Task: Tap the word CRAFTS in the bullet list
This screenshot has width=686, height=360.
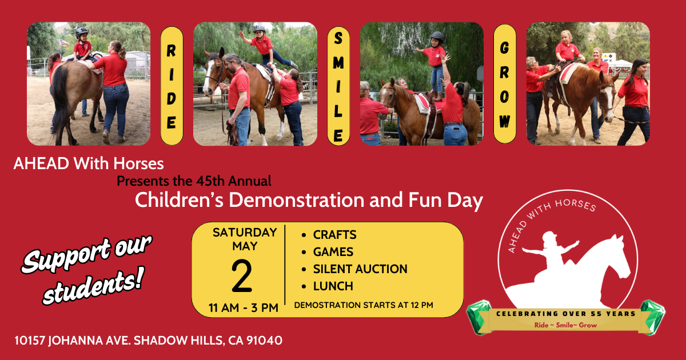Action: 334,235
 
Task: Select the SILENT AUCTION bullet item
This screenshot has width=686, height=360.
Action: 360,269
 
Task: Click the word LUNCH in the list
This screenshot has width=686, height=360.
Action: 333,286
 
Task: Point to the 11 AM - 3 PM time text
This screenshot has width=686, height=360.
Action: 243,308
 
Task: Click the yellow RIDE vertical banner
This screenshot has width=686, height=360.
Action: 171,85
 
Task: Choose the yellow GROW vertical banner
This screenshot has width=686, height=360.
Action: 504,85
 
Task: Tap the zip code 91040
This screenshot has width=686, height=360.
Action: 264,341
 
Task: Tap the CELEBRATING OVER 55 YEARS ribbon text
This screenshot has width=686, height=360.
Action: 565,314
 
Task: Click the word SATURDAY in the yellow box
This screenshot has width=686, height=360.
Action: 244,233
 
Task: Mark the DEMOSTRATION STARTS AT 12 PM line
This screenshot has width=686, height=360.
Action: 363,305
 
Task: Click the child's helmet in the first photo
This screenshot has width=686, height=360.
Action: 82,32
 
